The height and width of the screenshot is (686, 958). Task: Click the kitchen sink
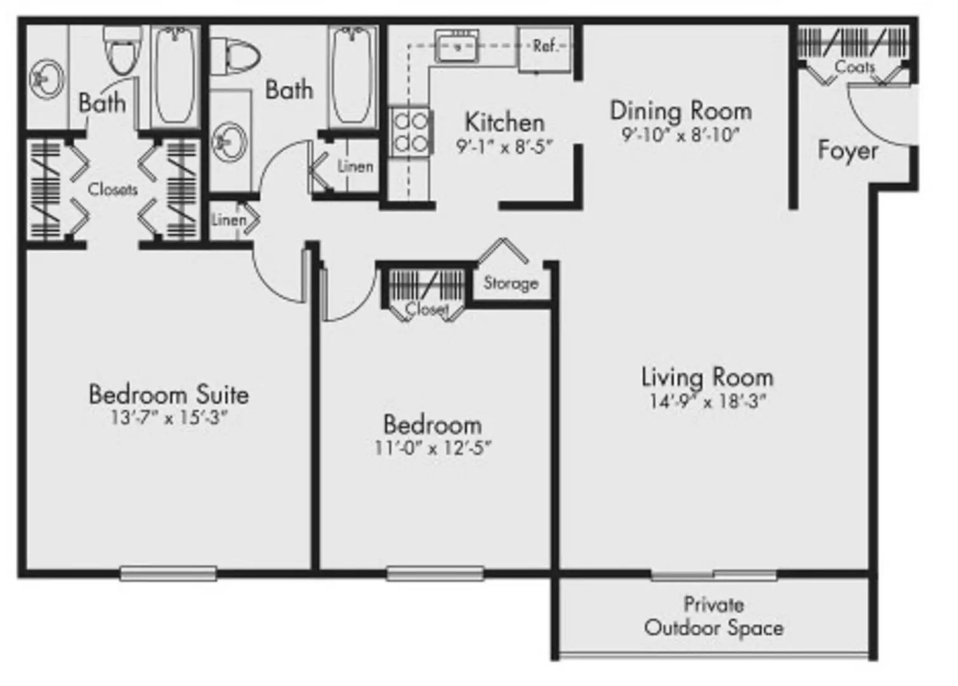[456, 45]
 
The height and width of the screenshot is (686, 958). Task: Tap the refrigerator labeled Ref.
[545, 49]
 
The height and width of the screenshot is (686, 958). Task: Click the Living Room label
[707, 377]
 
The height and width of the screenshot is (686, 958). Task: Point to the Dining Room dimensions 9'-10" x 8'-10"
[681, 135]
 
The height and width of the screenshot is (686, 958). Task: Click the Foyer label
[848, 151]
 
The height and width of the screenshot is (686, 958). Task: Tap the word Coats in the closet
[855, 67]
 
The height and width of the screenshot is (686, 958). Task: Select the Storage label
[510, 283]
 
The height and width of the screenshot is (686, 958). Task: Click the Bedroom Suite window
[168, 574]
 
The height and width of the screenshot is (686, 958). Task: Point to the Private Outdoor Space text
[714, 617]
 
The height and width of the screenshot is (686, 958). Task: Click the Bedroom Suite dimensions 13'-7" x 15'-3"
[168, 418]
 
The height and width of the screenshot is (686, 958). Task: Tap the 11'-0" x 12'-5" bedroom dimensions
[433, 448]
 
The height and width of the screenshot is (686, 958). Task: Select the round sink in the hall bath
[230, 142]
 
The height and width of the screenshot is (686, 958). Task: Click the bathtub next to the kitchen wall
[352, 77]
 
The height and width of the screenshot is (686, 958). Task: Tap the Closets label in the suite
[112, 189]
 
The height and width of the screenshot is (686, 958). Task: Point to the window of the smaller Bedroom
[435, 574]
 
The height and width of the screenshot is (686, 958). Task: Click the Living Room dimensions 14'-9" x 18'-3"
[707, 401]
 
